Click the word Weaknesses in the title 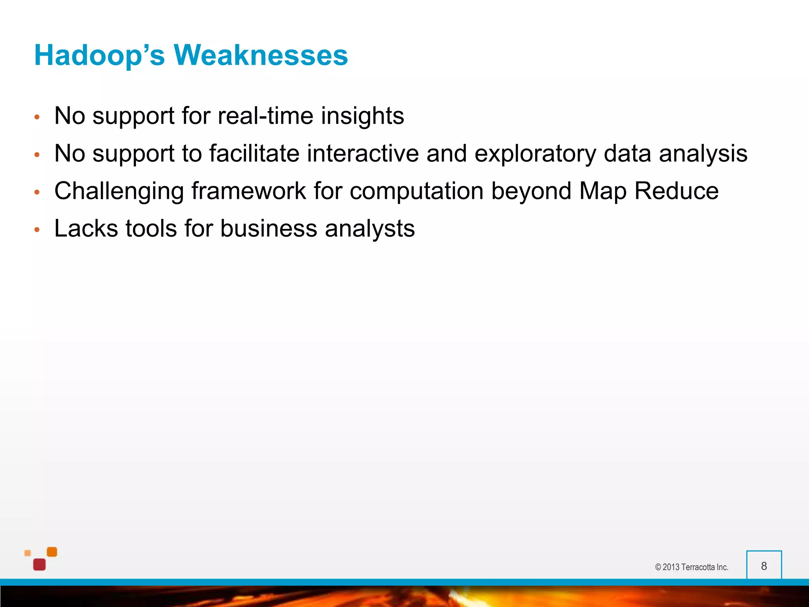[x=261, y=55]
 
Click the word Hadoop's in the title [x=99, y=55]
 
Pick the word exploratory [x=535, y=154]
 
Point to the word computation [x=416, y=191]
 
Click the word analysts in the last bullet [x=370, y=229]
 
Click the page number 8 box [x=764, y=566]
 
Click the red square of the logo [x=40, y=565]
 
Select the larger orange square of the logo [x=52, y=552]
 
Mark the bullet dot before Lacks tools [x=37, y=230]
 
